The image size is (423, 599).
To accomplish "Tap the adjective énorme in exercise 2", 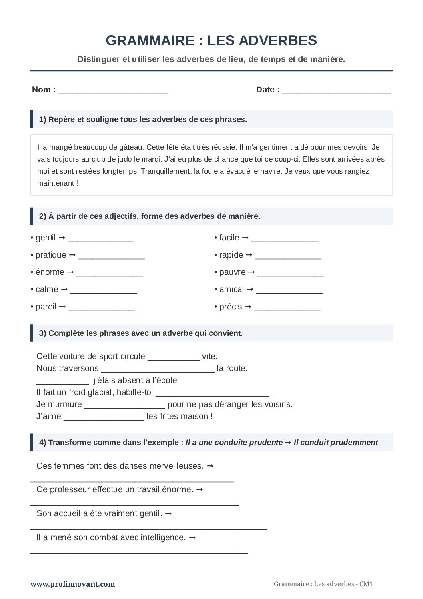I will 50,272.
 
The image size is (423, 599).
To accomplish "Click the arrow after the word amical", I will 250,289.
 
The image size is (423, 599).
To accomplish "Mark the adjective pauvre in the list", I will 232,272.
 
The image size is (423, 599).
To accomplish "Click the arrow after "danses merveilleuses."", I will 211,465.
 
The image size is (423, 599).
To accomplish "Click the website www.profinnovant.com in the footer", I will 72,584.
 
